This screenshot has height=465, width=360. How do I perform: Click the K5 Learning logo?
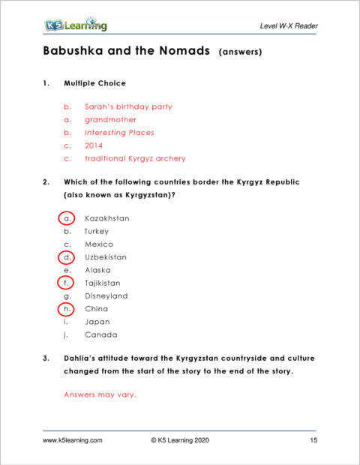point(75,26)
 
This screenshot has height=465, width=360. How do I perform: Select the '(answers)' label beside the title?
point(240,54)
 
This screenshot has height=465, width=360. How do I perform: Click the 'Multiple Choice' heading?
point(94,82)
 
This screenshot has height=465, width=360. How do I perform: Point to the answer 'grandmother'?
point(109,119)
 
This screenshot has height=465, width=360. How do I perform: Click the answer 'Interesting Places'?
point(119,133)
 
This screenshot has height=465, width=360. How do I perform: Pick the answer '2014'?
point(94,145)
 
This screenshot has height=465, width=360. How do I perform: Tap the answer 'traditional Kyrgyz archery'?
point(135,158)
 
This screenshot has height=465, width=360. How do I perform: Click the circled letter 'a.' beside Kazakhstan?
point(67,218)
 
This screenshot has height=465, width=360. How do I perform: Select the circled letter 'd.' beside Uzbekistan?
point(67,257)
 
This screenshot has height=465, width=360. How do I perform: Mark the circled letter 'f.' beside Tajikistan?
point(67,283)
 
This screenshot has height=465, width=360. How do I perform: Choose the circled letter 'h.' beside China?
point(67,308)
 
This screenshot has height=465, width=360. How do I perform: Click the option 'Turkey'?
point(97,232)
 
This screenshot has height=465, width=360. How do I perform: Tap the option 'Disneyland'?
point(106,295)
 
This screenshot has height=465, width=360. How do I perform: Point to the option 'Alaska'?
point(97,270)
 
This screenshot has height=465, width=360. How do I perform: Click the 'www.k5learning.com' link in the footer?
point(72,441)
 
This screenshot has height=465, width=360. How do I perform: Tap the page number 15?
point(313,441)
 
